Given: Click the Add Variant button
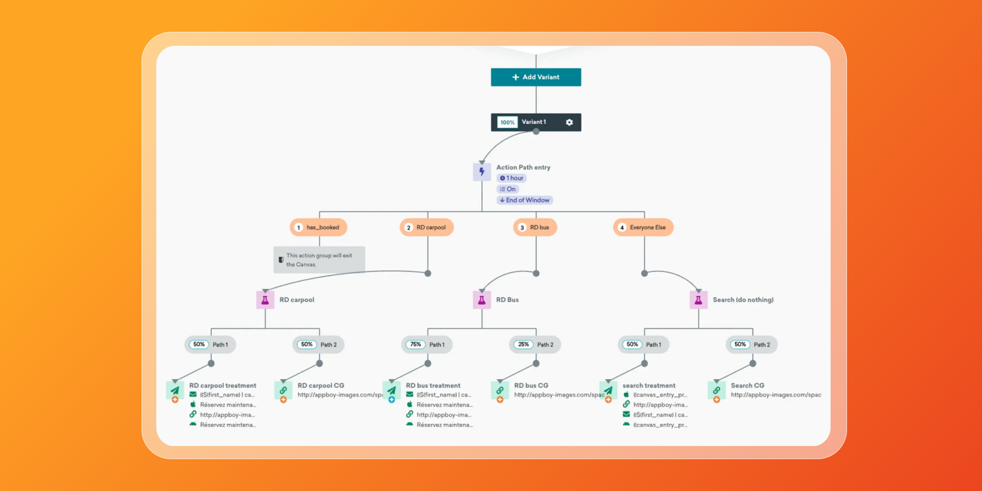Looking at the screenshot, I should [535, 77].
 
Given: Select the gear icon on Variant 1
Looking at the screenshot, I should [569, 122].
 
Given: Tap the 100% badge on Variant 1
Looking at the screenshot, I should [507, 122].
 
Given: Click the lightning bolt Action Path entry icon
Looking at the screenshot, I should [482, 172].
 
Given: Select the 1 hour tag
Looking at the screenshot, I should [511, 178].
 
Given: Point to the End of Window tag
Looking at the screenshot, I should [525, 200].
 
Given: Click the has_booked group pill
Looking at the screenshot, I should [318, 228].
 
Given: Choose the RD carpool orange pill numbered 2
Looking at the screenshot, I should [427, 228].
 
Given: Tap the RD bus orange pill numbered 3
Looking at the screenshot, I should [535, 228].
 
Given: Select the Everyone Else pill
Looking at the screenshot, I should [643, 228].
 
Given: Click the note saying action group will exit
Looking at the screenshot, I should [319, 260].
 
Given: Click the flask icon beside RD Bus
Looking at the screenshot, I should [482, 300].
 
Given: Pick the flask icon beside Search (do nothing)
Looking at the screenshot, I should [698, 300].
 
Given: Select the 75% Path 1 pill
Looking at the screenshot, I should [427, 345].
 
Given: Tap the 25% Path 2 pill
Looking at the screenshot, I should [535, 345].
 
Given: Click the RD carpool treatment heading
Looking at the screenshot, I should [222, 386].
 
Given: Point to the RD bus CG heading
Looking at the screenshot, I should [531, 386].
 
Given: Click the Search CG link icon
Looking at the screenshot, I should [717, 391].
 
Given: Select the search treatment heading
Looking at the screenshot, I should [649, 386].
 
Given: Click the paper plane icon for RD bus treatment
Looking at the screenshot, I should [392, 391].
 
